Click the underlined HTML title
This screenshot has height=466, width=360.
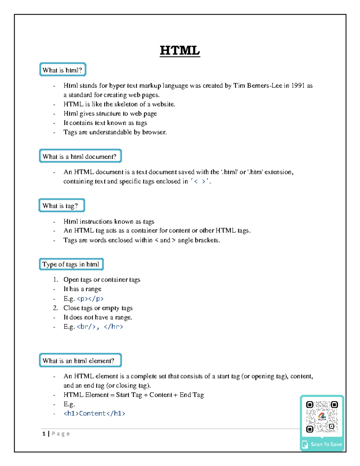point(180,50)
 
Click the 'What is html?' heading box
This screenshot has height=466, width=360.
point(63,70)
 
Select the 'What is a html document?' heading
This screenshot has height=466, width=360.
point(80,156)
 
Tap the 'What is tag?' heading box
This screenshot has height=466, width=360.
point(61,206)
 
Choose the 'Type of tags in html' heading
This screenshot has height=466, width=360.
point(71,264)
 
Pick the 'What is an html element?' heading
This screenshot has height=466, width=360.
point(80,361)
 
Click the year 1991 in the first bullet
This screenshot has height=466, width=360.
point(298,86)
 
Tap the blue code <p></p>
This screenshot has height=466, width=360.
point(90,299)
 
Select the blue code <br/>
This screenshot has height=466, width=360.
point(86,326)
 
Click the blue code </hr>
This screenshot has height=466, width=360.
point(113,326)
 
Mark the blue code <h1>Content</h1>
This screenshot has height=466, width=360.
point(94,413)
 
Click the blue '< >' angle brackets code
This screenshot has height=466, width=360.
point(200,181)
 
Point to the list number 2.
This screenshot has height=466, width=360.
point(55,308)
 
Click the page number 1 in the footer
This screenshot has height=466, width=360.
point(44,434)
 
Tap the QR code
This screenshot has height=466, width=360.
point(322,417)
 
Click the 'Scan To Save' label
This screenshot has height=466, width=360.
point(326,444)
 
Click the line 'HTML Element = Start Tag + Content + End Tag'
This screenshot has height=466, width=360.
point(133,395)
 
